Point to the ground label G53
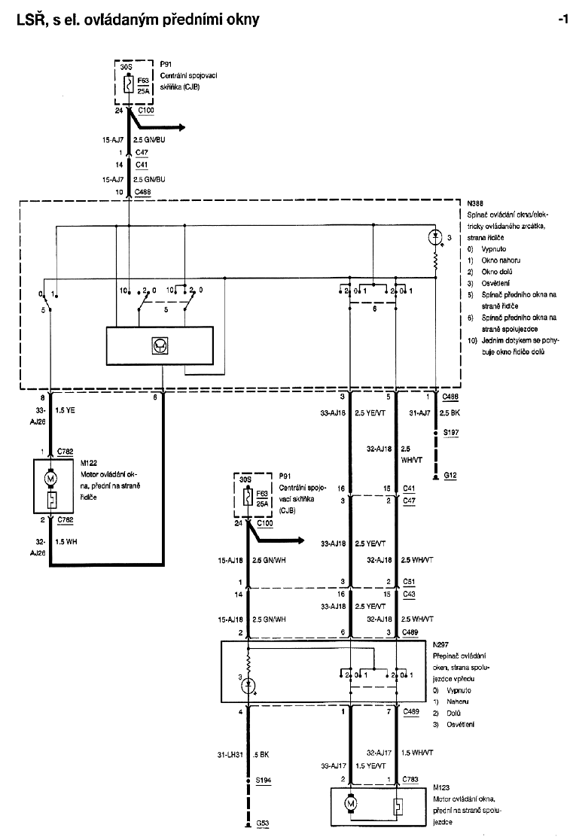click(x=263, y=823)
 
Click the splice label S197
click(x=450, y=434)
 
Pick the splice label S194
click(x=264, y=781)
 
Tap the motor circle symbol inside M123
click(x=349, y=804)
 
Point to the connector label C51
click(x=409, y=582)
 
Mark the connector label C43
click(x=409, y=595)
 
